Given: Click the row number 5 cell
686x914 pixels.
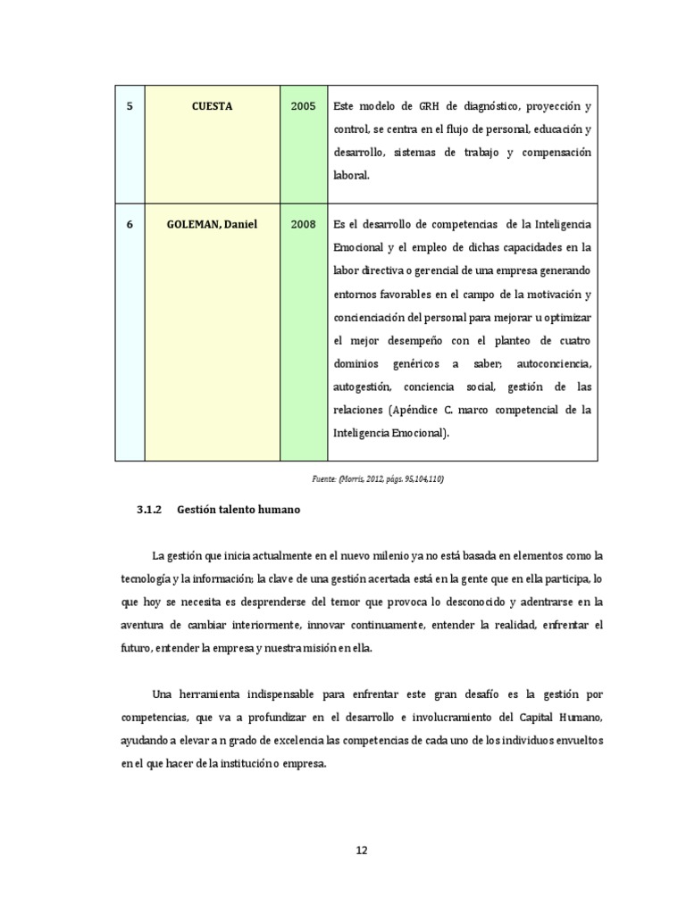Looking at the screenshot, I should (x=130, y=106).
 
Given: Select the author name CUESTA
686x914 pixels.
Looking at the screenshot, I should (x=212, y=106).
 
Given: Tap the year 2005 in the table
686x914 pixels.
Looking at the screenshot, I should (x=303, y=106).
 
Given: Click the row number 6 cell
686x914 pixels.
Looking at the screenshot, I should (x=130, y=224).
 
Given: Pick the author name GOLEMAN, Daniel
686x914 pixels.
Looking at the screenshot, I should (x=212, y=224).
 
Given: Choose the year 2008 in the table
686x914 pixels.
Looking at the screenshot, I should (x=303, y=224).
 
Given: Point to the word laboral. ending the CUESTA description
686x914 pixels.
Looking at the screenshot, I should (x=350, y=177).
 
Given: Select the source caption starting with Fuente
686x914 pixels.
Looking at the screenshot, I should (x=378, y=479).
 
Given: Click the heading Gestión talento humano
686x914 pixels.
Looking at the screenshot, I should (x=238, y=511).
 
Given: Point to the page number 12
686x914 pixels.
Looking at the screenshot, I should (x=362, y=851).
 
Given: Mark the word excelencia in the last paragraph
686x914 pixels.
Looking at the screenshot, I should (x=305, y=740).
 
